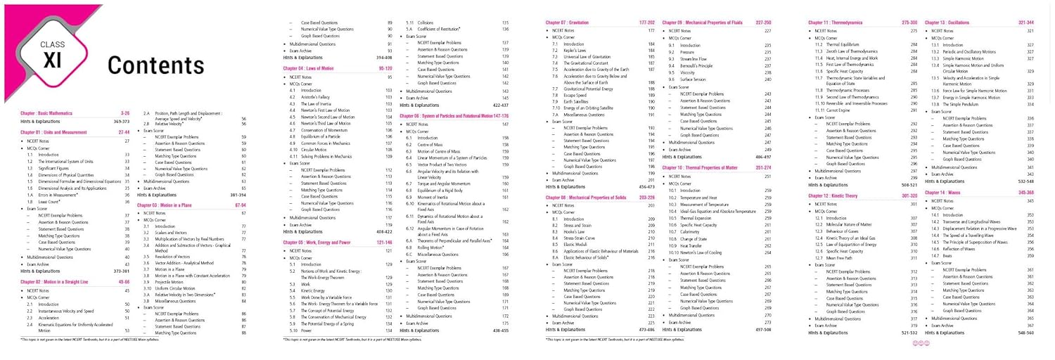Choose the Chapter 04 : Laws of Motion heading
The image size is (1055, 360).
pyautogui.click(x=307, y=68)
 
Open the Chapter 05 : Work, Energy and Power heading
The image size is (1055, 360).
pyautogui.click(x=316, y=242)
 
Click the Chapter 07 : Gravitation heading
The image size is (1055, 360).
pyautogui.click(x=569, y=22)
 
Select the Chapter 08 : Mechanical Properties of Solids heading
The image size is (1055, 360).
pyautogui.click(x=589, y=198)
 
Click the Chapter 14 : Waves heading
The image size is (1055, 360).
pyautogui.click(x=944, y=192)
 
